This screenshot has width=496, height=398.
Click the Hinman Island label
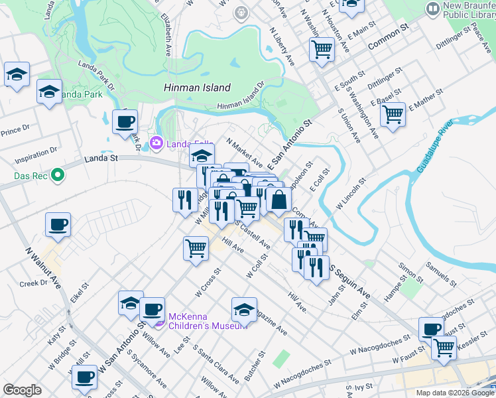pos(197,88)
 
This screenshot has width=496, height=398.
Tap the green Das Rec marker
pos(58,176)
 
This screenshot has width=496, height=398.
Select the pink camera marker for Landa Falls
pos(156,142)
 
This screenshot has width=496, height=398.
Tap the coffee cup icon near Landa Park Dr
pos(125,122)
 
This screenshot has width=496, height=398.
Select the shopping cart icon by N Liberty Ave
pos(322,48)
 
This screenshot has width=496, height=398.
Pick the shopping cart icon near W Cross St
pos(196,248)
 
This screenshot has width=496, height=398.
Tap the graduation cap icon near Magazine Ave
pos(244,310)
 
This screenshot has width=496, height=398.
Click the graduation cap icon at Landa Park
pos(49,92)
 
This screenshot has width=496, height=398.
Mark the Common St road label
pos(386,38)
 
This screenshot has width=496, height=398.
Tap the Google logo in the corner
pos(22,390)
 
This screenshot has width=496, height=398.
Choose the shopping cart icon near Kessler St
pos(444,347)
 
